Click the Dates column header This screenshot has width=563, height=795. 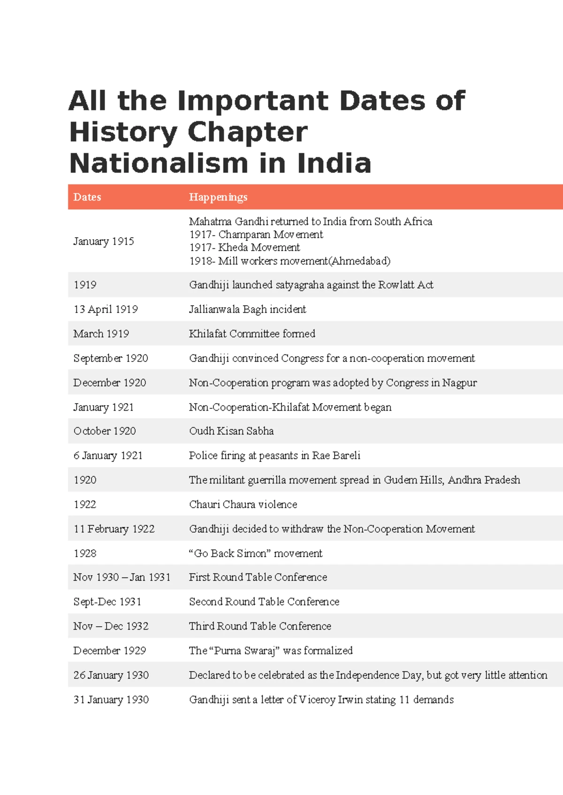click(x=87, y=197)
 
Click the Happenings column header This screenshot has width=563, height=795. click(x=218, y=197)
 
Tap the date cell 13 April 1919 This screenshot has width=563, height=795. click(x=106, y=309)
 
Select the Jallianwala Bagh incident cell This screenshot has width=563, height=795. click(x=247, y=309)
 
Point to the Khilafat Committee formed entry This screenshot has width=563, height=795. click(x=252, y=334)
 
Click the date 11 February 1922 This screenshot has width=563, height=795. click(x=114, y=529)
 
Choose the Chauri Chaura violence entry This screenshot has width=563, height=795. click(x=243, y=505)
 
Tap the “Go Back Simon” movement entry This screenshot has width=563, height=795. click(x=256, y=554)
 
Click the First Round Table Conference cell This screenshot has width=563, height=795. click(x=258, y=577)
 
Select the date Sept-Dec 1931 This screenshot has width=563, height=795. click(x=107, y=602)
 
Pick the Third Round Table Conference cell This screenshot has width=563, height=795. click(x=260, y=626)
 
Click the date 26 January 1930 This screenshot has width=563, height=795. click(x=111, y=675)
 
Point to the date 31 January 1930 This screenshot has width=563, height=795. click(x=111, y=700)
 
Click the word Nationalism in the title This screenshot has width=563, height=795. click(x=159, y=164)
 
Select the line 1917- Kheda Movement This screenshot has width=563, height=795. click(x=244, y=247)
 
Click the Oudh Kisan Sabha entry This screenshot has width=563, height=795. click(x=231, y=431)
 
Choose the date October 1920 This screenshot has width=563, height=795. click(x=105, y=431)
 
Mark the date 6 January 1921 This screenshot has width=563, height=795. click(x=108, y=456)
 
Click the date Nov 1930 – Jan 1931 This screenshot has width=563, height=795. click(x=122, y=577)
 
